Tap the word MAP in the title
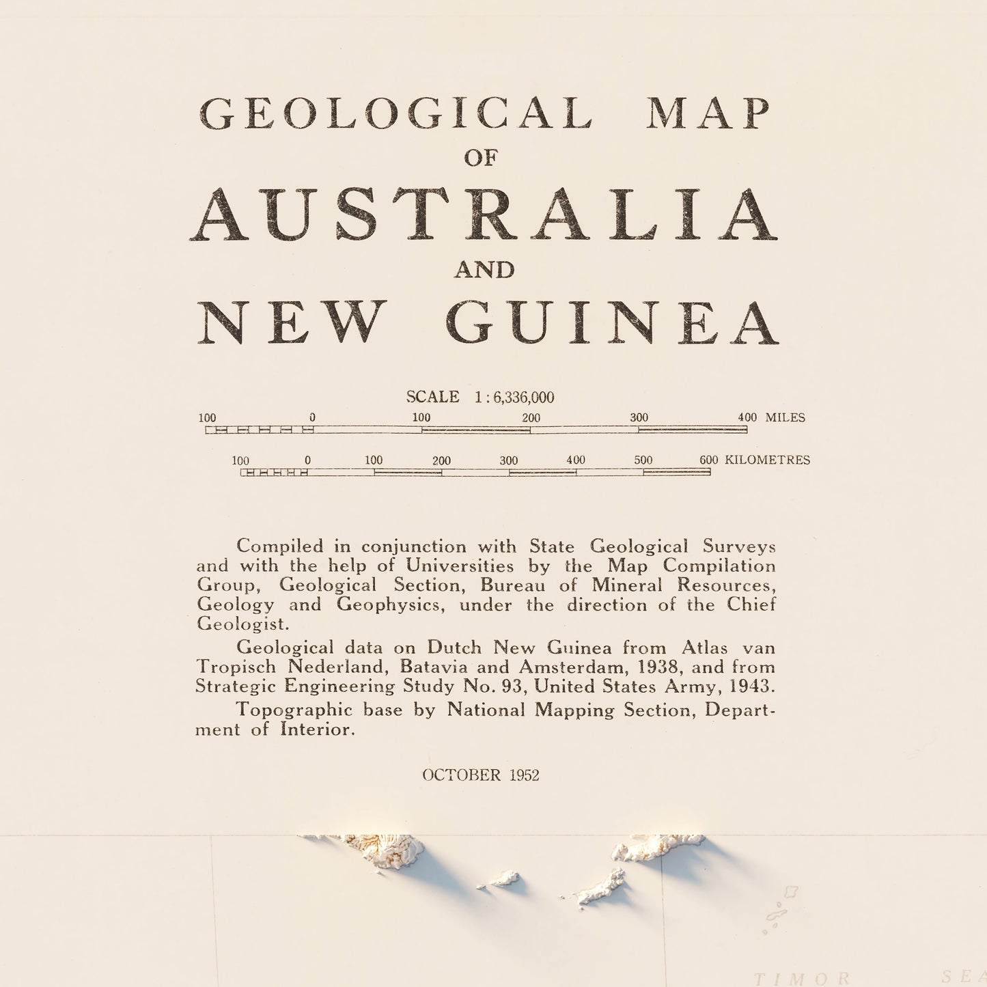pos(708,113)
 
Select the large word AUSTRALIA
pos(484,214)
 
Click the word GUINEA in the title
pos(613,322)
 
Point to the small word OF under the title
pos(482,158)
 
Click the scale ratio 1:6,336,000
pos(514,398)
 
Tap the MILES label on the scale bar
pos(785,417)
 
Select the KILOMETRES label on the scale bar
pos(767,460)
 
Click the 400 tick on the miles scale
pos(747,417)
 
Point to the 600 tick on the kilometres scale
pos(709,460)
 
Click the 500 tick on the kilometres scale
pos(643,460)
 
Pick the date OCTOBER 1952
pos(481,775)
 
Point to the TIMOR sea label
pos(803,978)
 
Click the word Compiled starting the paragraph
pos(280,546)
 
